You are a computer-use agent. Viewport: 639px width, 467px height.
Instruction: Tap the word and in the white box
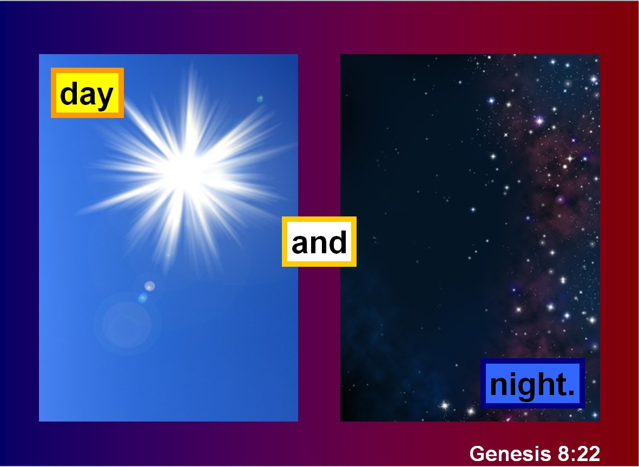(319, 242)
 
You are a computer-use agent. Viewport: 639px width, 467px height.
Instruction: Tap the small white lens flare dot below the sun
(149, 286)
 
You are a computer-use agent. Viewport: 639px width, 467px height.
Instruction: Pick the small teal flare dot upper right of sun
(260, 99)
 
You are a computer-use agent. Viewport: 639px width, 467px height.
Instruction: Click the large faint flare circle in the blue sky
(127, 324)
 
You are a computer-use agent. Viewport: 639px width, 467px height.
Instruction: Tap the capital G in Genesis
(477, 453)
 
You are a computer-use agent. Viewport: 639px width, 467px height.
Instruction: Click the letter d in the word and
(338, 242)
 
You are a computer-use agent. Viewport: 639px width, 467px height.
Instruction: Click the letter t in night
(561, 385)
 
